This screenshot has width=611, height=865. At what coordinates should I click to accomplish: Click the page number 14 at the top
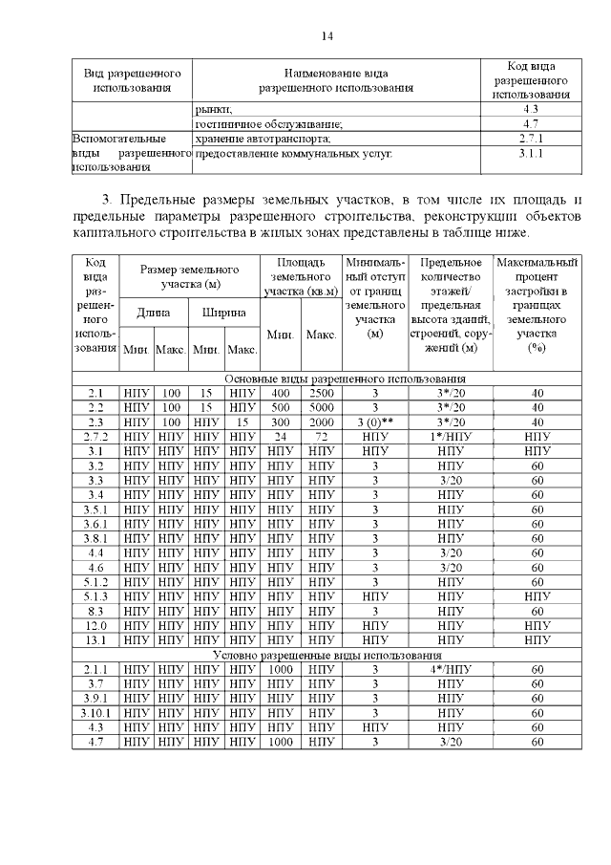coord(327,35)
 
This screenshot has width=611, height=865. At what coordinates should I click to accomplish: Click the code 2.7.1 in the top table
coord(531,139)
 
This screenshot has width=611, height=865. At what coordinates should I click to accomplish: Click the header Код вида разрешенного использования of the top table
coord(531,80)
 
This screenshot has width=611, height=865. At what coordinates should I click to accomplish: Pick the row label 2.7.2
coord(95,436)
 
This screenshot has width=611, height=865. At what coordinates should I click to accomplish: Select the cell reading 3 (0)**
coord(375,422)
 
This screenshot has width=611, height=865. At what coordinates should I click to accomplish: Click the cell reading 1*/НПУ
coord(450,436)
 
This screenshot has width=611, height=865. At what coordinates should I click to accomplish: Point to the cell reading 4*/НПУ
coord(450,670)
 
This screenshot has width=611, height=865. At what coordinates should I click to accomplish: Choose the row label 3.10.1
coord(95,713)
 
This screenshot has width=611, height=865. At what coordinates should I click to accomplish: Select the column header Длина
coord(154,313)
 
